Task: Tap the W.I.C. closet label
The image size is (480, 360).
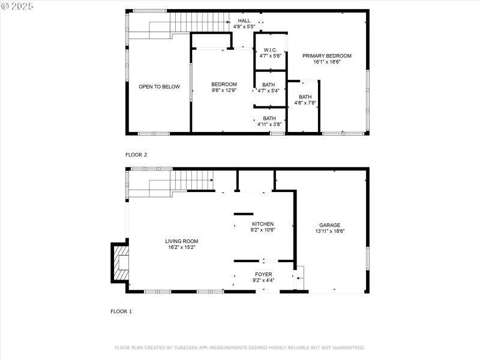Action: (269, 50)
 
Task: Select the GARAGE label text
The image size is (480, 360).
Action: (329, 225)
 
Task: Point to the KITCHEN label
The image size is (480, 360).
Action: (262, 224)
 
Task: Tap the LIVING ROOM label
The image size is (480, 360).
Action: (181, 241)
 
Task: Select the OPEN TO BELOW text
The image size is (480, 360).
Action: (159, 87)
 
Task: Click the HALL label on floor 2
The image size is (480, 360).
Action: (244, 21)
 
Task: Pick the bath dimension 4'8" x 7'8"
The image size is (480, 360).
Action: (305, 103)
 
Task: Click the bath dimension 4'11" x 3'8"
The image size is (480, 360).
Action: (269, 124)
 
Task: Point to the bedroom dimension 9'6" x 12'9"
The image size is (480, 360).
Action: (224, 91)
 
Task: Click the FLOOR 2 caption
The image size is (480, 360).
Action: (136, 155)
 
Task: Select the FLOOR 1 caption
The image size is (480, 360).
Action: (121, 311)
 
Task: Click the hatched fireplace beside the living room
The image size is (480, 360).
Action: (119, 262)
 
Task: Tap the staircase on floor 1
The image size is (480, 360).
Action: (192, 180)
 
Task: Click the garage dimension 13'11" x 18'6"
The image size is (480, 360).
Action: (329, 231)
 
